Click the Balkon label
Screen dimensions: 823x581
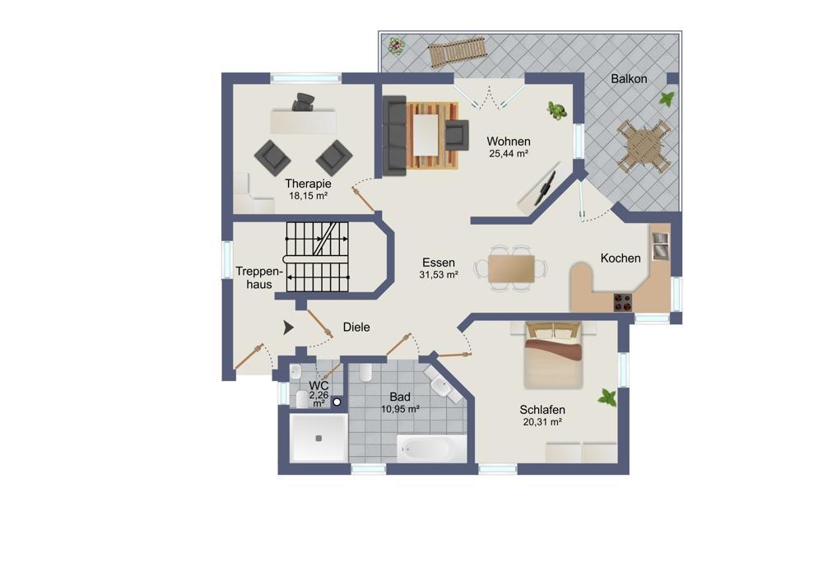click(x=629, y=79)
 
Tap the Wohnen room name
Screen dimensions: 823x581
click(x=508, y=142)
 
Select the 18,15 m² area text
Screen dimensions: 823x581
click(x=308, y=196)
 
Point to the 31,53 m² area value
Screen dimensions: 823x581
click(x=439, y=275)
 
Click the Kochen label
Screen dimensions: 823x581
click(x=621, y=258)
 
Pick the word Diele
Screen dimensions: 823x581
click(x=356, y=327)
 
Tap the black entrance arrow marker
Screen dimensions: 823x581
click(x=288, y=328)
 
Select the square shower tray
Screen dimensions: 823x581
click(x=319, y=439)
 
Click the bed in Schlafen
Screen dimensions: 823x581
click(x=553, y=356)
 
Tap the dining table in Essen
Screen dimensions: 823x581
click(x=511, y=269)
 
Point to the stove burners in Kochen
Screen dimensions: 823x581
click(x=622, y=302)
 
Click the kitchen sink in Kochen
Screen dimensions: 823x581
click(x=660, y=246)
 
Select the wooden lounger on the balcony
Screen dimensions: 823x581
click(x=457, y=53)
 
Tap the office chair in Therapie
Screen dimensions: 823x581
click(x=304, y=101)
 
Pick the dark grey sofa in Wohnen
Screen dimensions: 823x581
click(x=394, y=136)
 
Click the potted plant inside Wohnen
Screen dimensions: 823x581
click(x=557, y=110)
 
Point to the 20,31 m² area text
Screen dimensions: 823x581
click(x=542, y=422)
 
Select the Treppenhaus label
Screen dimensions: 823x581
click(x=259, y=277)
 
